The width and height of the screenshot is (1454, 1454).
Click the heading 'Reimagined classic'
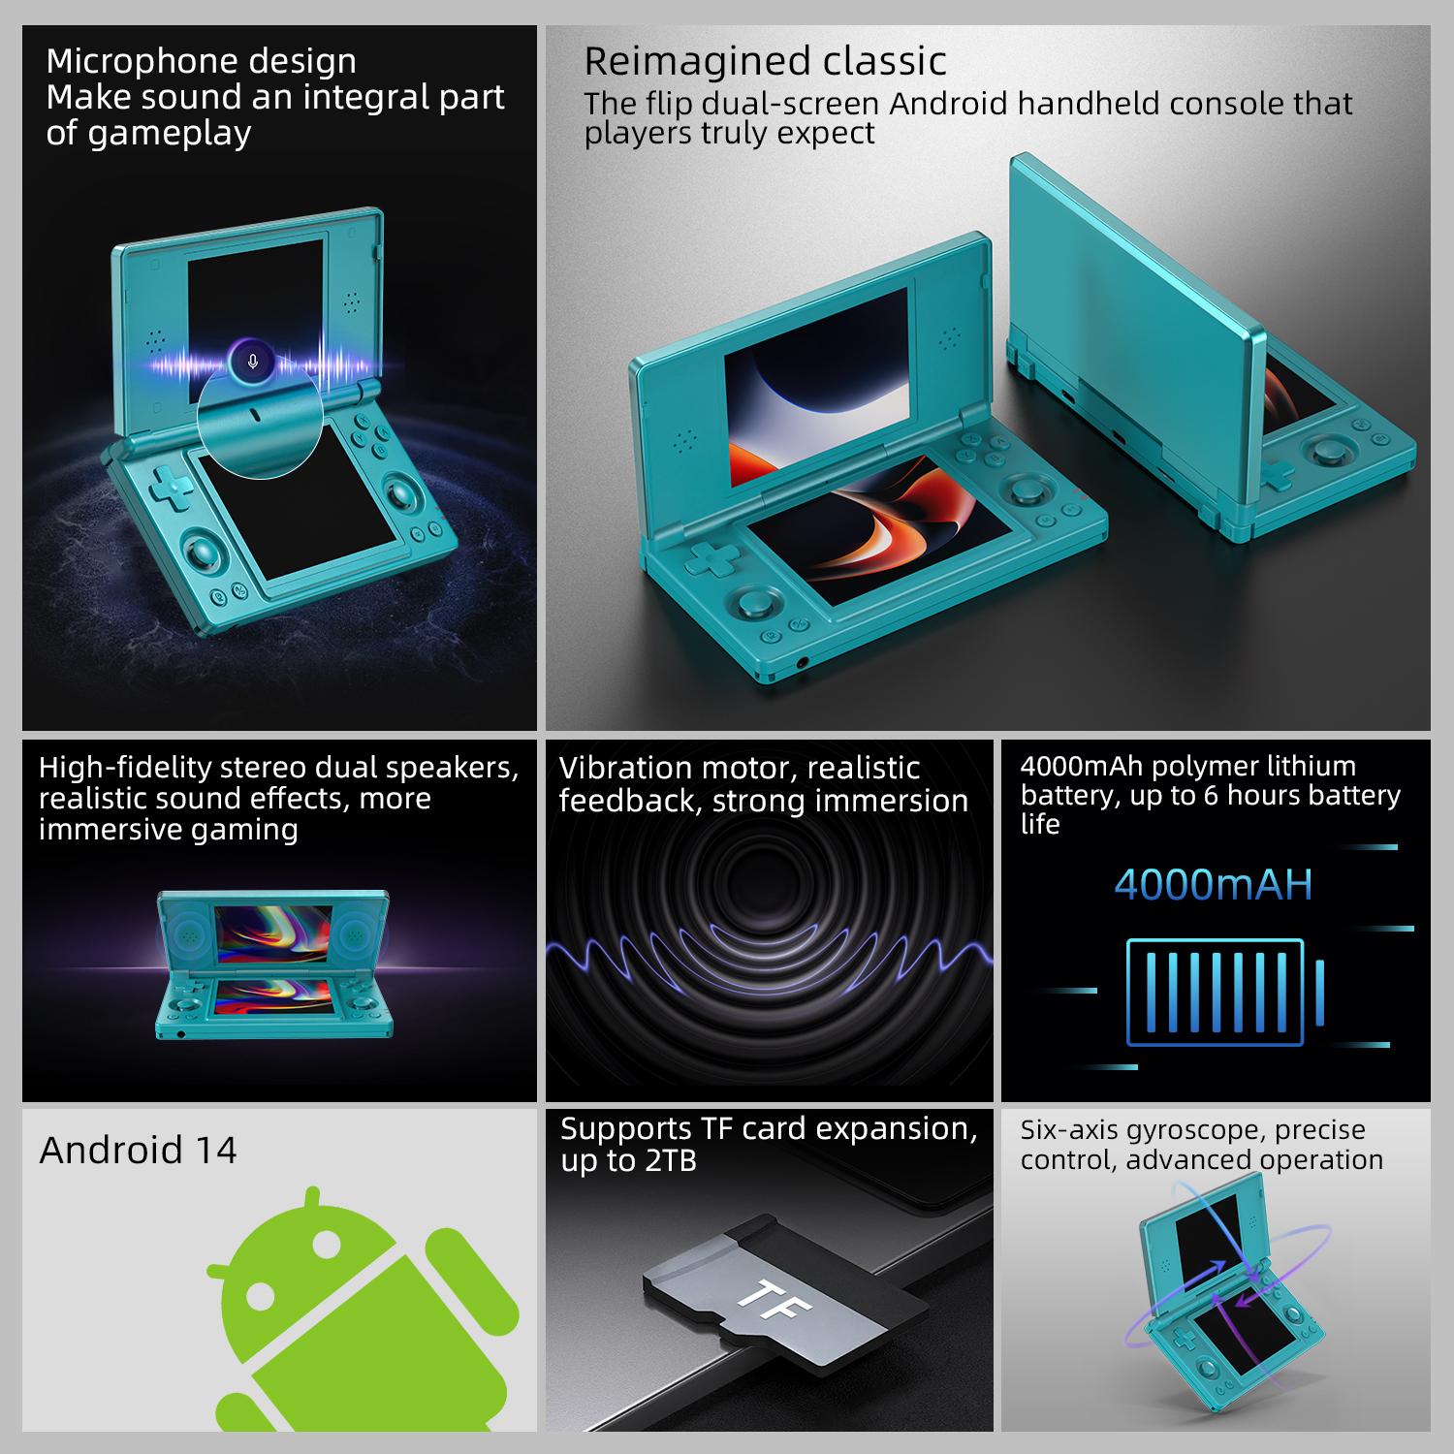(x=765, y=61)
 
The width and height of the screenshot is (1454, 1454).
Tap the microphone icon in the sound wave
(x=253, y=362)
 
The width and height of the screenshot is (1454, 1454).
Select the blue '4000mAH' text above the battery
(x=1213, y=884)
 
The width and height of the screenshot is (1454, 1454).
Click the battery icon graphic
(x=1224, y=992)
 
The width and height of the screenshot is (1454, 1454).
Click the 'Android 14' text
(x=138, y=1150)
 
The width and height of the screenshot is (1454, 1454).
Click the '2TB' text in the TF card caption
(x=669, y=1160)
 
